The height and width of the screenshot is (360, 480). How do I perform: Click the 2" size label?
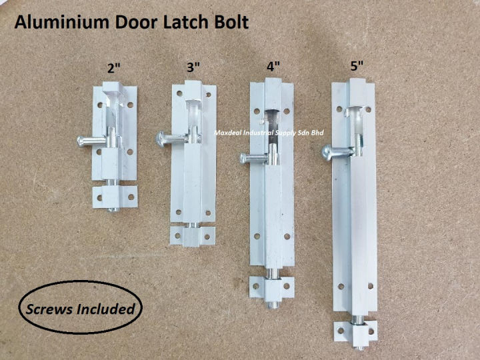click(x=115, y=67)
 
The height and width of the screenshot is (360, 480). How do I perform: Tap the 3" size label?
click(x=193, y=67)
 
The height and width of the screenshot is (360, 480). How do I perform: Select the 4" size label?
click(x=273, y=67)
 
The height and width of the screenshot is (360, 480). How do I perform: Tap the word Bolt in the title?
click(x=231, y=23)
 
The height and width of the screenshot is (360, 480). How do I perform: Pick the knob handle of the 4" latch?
click(x=244, y=158)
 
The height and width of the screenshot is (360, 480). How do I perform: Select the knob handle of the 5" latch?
click(x=326, y=150)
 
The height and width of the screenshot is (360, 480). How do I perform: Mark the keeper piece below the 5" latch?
click(x=357, y=331)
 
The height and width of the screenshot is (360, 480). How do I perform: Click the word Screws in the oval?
click(x=47, y=309)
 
